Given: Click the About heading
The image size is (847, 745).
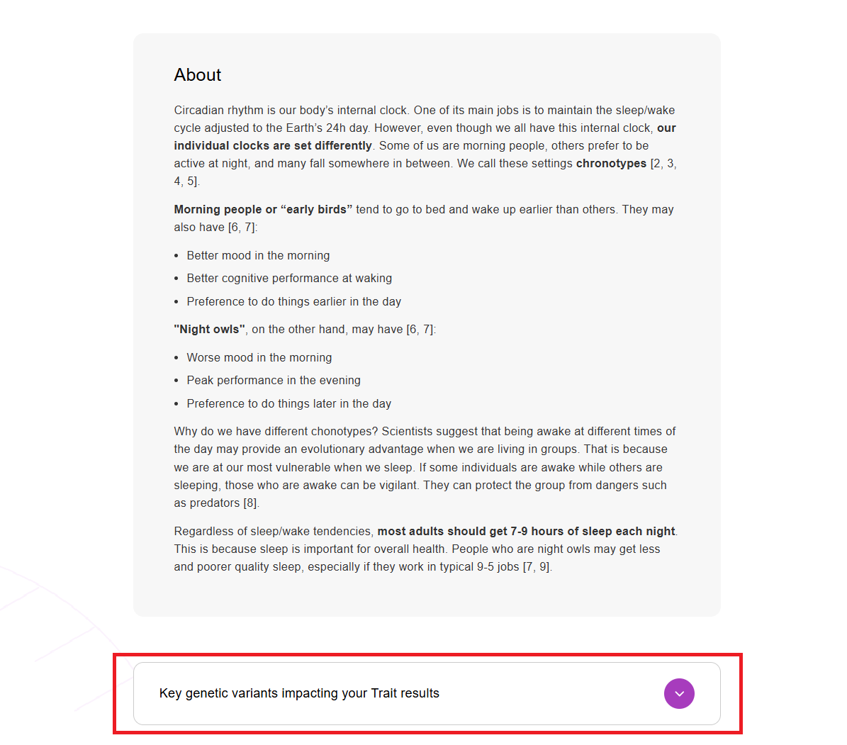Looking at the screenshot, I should tap(198, 75).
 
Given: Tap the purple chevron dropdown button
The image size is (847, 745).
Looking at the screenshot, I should tap(679, 693).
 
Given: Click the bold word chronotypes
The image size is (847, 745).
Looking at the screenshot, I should tap(611, 164).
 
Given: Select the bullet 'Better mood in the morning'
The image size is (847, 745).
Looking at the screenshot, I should tap(258, 256).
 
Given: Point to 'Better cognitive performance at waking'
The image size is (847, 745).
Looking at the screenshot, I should tap(289, 279).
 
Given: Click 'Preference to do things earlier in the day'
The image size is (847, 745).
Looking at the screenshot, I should tap(293, 302).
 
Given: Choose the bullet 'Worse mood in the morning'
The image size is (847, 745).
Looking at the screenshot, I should tap(259, 358).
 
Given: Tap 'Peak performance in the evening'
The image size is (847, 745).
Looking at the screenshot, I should tap(274, 381).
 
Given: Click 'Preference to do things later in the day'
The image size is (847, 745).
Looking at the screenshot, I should tap(288, 404).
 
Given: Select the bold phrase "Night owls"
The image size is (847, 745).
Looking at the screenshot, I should tap(210, 330).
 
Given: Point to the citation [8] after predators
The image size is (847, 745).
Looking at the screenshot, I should tap(251, 503).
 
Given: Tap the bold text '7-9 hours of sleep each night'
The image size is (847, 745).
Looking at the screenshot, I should tap(593, 532).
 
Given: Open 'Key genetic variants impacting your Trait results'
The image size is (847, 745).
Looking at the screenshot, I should tap(299, 693).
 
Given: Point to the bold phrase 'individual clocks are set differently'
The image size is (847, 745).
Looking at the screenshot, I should tap(273, 146).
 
